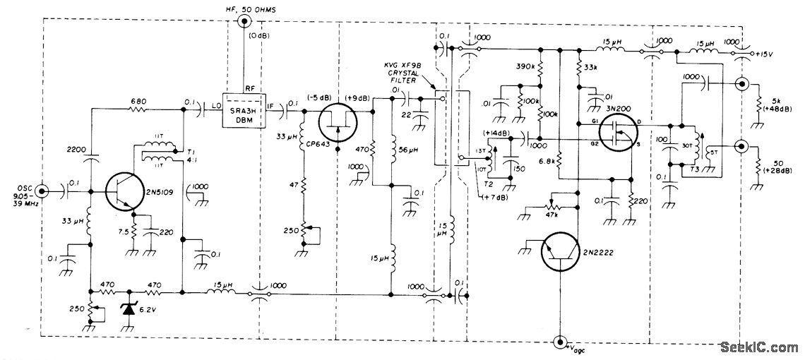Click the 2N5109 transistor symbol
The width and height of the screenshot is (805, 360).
[x=126, y=190]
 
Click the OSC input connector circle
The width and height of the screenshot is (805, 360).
[x=42, y=191]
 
